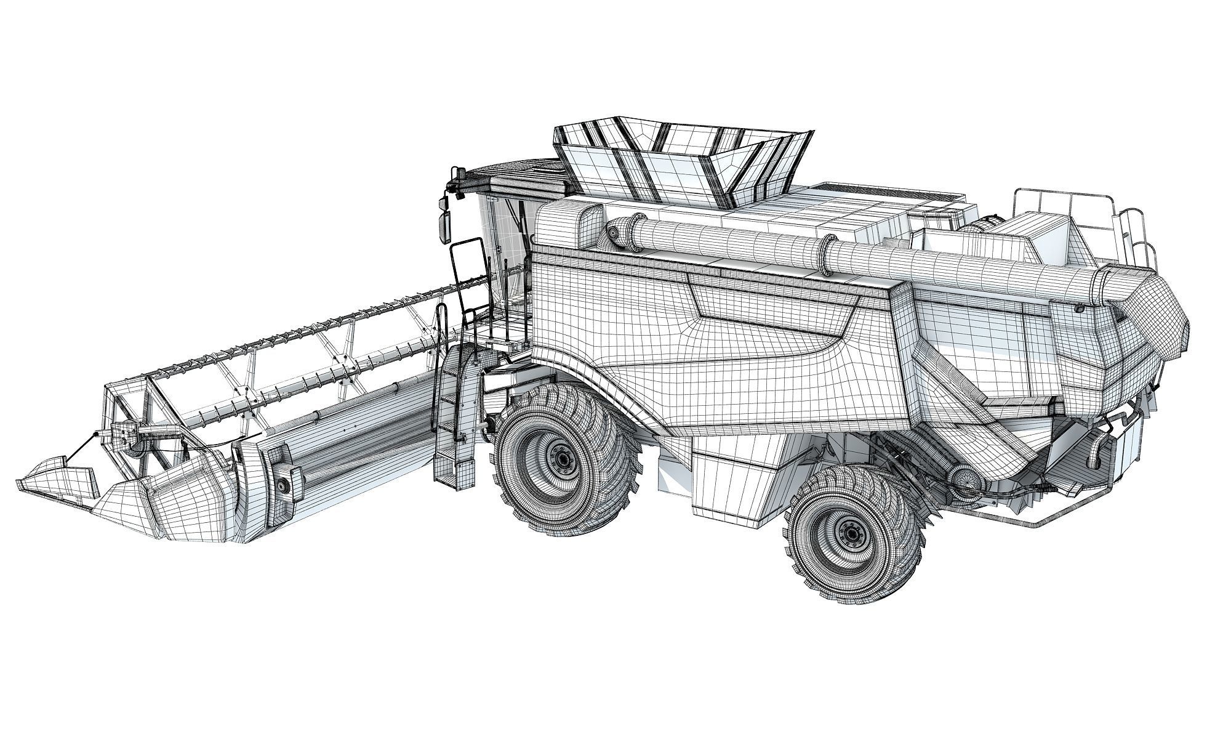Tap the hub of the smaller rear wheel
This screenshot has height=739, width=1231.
(x=851, y=531)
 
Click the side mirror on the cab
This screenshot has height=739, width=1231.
(x=444, y=227)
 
